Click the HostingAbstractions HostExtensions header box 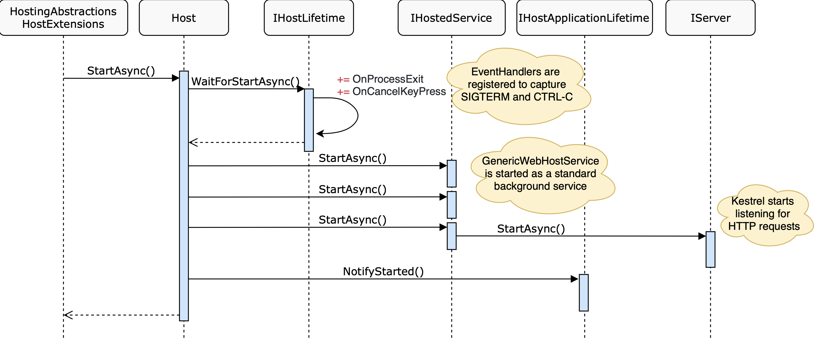[63, 18]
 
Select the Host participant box [183, 18]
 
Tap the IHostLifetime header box [309, 18]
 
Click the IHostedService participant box [451, 18]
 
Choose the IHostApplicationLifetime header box [584, 18]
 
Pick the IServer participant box [710, 18]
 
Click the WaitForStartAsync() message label [245, 82]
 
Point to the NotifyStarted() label [383, 271]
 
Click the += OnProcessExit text [380, 79]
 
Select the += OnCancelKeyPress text [391, 91]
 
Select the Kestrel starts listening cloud [763, 214]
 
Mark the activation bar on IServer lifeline [710, 249]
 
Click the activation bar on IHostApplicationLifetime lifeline [584, 292]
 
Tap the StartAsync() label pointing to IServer [531, 229]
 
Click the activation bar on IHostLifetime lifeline [309, 120]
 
